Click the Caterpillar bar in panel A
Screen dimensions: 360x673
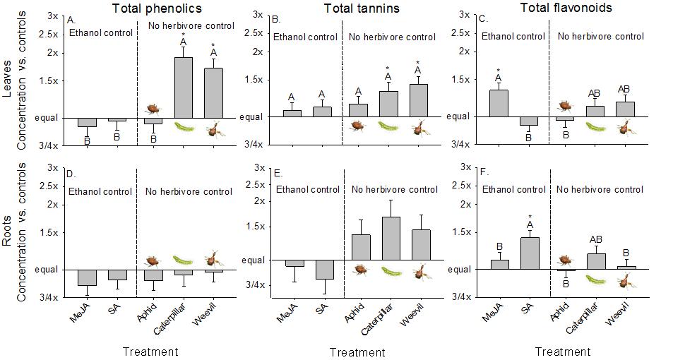tap(184, 88)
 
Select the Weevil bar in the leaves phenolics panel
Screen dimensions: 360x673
tap(213, 92)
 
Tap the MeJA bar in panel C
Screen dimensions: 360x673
tap(499, 103)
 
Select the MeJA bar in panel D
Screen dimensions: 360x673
tap(88, 277)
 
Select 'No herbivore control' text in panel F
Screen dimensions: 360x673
tap(600, 189)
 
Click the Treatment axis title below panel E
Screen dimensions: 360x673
tap(357, 352)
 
